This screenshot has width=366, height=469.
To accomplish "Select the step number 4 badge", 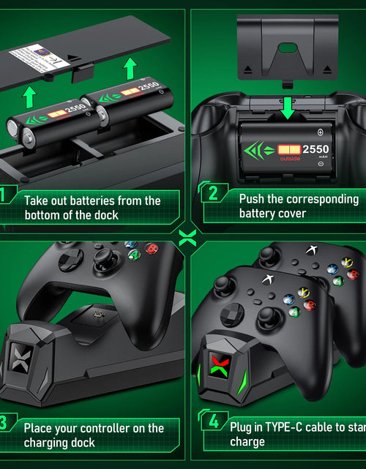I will pos(212,421).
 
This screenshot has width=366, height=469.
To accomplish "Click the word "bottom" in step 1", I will pos(48,215).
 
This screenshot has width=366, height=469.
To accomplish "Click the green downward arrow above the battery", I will pos(287,108).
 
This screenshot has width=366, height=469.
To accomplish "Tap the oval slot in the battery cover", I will pos(288,48).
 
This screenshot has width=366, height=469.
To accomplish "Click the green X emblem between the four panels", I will pos(184,236).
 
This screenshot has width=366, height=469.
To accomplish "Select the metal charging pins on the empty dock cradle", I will pos(97,314).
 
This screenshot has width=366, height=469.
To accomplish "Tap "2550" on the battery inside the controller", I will pos(316,149).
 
